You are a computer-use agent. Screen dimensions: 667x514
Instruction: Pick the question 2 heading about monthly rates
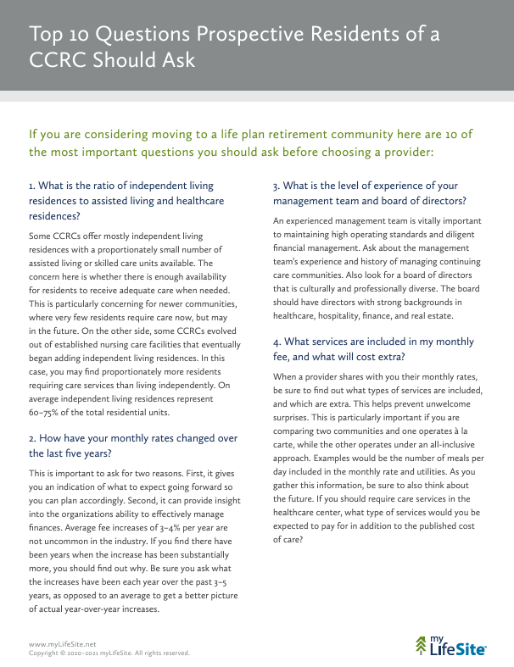[133, 446]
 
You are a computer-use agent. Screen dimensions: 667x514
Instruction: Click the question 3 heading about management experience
[369, 192]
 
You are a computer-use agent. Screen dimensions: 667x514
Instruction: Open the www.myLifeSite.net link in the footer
[57, 645]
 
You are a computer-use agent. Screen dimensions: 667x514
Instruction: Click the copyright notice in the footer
[109, 653]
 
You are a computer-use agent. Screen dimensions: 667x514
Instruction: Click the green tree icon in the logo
[422, 647]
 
